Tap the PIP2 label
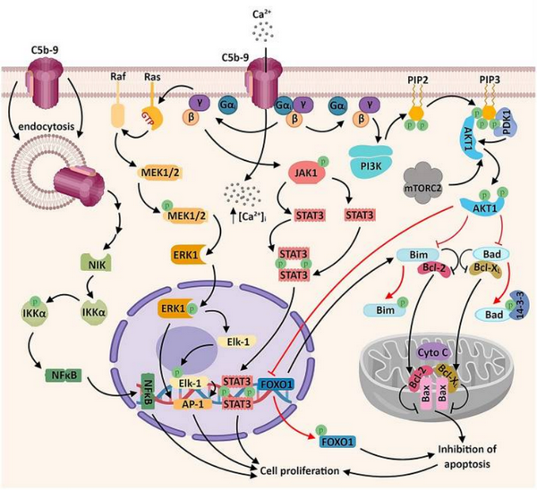click(x=414, y=79)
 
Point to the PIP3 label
click(x=489, y=79)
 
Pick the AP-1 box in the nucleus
click(x=211, y=404)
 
